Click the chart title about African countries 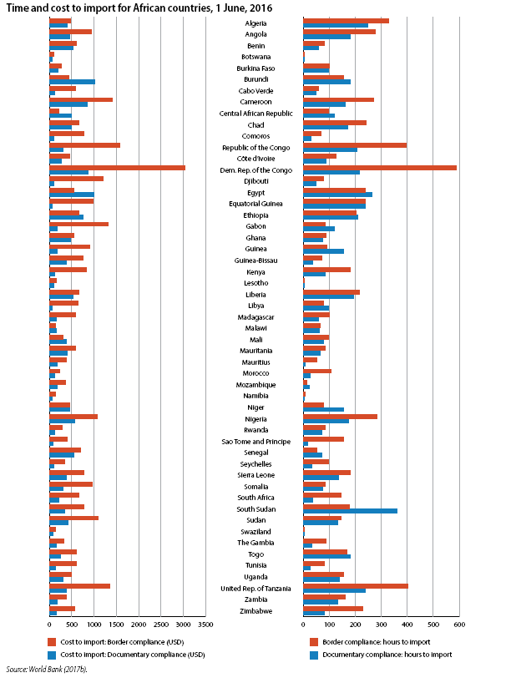pos(139,8)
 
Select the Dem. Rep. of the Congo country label pos(256,170)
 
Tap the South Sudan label pos(256,509)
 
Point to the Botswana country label pos(256,57)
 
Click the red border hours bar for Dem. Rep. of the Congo pos(380,168)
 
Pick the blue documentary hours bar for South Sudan pos(350,511)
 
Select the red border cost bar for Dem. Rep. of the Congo pos(117,168)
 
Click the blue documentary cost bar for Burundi pos(72,82)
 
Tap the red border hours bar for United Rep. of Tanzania pos(356,586)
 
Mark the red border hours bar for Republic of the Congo pos(355,145)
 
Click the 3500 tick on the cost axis pos(205,625)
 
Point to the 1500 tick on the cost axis pos(116,625)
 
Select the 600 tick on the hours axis pos(459,625)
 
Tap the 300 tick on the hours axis pos(382,625)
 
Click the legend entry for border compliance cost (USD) pos(116,642)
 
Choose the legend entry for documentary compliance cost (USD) pos(126,655)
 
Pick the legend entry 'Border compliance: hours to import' pos(370,642)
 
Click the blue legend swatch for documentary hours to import pos(314,655)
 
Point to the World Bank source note pos(47,669)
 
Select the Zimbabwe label pos(256,611)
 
